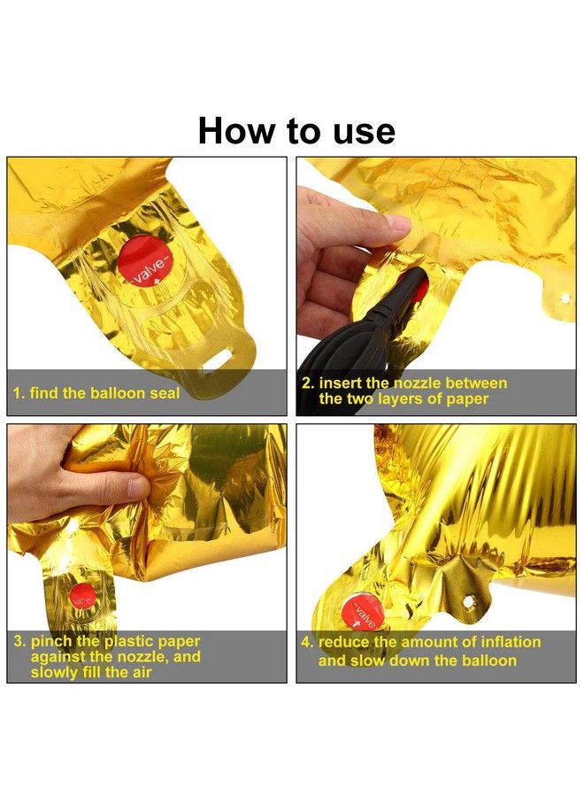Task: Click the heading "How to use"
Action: (x=296, y=131)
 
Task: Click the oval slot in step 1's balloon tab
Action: (x=217, y=363)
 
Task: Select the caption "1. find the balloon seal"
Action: (x=96, y=393)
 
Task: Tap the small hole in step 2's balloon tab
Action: (x=564, y=298)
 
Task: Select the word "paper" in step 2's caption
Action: (x=468, y=399)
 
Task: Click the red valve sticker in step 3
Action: (x=82, y=596)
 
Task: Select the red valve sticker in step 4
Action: (x=360, y=613)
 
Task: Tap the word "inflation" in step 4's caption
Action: (x=511, y=642)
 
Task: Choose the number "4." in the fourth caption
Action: (x=307, y=642)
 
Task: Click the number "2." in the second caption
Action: (x=308, y=383)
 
